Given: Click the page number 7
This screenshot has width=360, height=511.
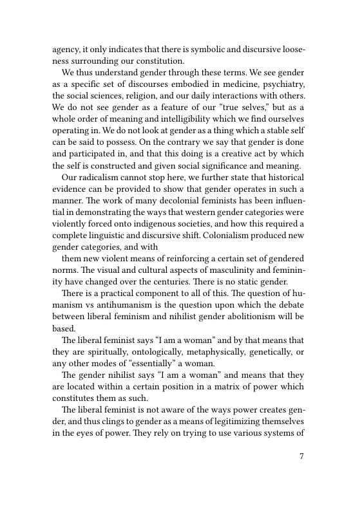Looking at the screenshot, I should pyautogui.click(x=301, y=456).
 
